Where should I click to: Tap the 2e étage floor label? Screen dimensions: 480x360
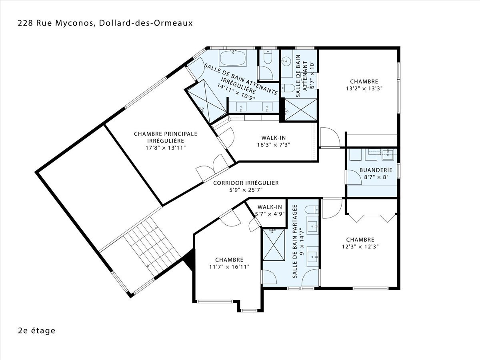click(x=37, y=330)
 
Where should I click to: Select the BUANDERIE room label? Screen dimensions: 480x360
click(x=376, y=170)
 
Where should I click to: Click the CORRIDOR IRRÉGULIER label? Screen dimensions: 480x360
click(x=246, y=183)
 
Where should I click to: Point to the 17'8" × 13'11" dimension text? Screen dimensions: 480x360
click(x=166, y=148)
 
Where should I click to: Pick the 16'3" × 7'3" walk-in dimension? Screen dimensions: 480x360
click(x=274, y=145)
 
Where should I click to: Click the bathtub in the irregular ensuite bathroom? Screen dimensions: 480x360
click(x=233, y=58)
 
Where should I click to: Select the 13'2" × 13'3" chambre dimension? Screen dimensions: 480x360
click(x=364, y=88)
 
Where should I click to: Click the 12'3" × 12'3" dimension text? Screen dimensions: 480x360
click(x=360, y=246)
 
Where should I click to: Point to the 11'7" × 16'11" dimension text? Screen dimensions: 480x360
click(x=229, y=267)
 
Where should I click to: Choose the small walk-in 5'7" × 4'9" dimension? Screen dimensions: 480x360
click(x=270, y=214)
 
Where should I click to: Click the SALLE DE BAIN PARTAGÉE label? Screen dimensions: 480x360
click(x=295, y=241)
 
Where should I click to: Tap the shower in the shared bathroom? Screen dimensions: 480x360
click(x=274, y=244)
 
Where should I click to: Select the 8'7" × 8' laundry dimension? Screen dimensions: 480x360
click(x=376, y=177)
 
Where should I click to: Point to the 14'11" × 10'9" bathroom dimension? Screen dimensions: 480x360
click(x=236, y=92)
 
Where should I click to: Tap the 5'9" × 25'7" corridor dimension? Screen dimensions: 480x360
click(x=246, y=190)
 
